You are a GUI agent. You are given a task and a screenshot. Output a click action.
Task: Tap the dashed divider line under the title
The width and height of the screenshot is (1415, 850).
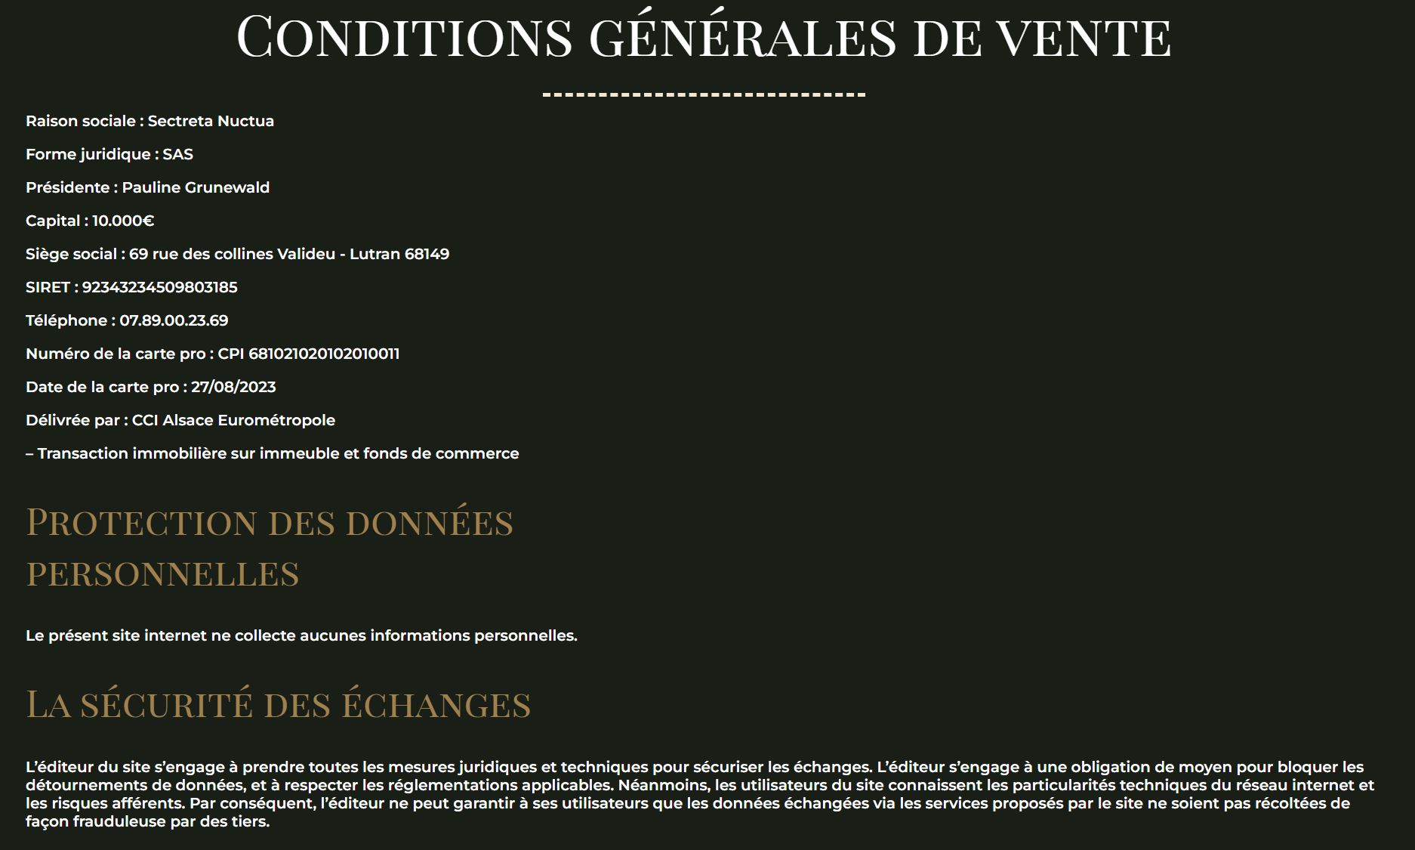704,95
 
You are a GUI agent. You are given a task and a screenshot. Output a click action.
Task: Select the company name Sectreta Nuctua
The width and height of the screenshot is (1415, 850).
211,121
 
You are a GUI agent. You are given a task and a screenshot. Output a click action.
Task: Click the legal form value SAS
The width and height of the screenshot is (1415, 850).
178,154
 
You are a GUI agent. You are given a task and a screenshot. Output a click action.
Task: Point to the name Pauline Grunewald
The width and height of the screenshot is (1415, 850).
196,187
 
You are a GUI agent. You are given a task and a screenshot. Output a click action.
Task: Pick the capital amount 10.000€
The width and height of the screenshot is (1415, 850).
123,221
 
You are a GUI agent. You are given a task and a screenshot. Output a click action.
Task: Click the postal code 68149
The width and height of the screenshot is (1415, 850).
427,254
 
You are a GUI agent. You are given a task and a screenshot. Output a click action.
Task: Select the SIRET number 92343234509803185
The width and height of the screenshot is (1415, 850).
159,287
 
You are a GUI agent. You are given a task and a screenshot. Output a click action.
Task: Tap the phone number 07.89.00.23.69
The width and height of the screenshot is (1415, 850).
174,320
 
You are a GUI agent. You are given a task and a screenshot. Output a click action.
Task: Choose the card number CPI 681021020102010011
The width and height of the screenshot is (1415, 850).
308,354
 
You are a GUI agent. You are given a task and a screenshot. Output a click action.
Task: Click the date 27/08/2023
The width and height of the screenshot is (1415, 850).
233,387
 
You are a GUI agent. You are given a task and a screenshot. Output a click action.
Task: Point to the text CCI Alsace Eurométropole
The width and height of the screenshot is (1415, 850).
233,420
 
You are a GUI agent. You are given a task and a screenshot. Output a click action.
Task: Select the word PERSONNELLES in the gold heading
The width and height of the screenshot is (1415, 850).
163,574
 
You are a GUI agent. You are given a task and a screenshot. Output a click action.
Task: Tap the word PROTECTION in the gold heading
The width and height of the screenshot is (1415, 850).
142,523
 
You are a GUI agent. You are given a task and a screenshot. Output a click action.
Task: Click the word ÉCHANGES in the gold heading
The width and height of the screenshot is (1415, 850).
436,705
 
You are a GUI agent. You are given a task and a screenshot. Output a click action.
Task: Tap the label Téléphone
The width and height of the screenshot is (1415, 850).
66,320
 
